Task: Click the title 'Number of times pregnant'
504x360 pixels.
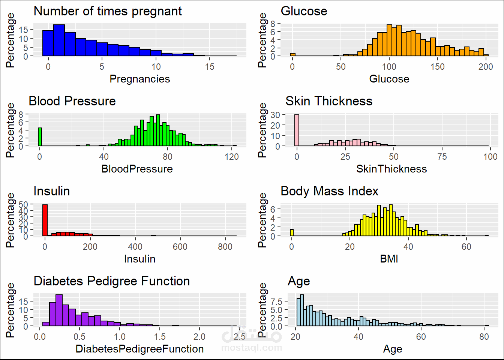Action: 108,11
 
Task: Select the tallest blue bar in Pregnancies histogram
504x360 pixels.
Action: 59,40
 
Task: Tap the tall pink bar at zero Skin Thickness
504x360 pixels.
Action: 297,130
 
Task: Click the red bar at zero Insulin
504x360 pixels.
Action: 45,220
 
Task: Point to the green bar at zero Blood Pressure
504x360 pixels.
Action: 40,137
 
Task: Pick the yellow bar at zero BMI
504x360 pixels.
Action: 291,232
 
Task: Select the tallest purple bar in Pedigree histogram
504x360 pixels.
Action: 59,310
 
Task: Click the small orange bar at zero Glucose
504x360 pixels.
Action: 292,55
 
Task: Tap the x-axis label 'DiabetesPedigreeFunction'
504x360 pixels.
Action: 139,349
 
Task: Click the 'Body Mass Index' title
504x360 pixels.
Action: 329,191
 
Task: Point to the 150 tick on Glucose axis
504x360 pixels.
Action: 437,67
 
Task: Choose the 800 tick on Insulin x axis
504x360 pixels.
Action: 225,247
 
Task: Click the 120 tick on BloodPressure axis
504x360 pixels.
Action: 232,157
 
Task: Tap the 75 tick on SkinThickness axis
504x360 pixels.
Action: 442,157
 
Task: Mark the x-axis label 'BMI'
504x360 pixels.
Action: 389,259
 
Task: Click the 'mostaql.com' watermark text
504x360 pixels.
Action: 252,348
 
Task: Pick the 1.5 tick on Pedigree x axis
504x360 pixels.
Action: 159,337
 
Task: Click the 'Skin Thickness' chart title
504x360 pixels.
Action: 329,101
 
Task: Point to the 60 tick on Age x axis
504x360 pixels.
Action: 421,337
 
